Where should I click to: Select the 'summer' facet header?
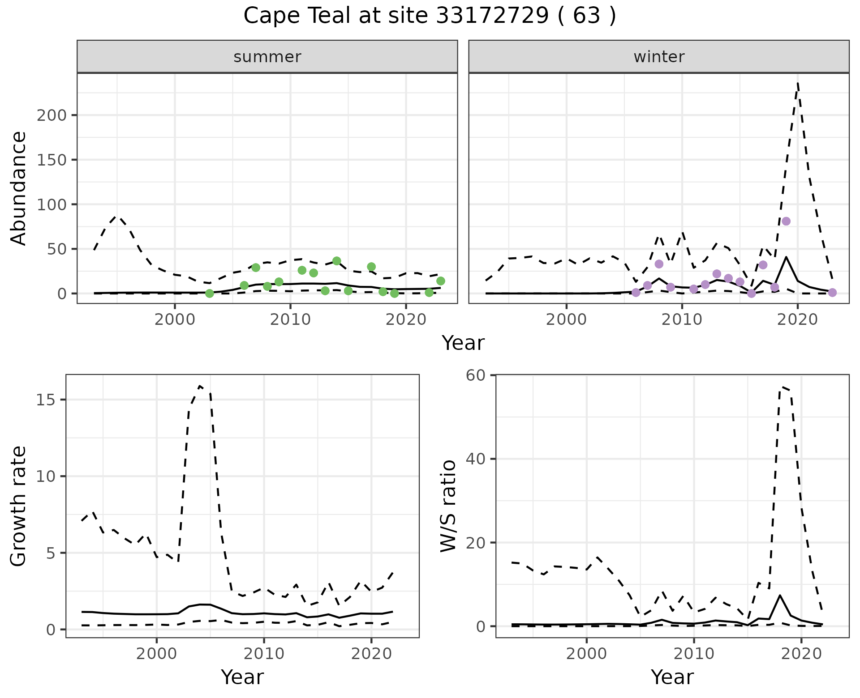[267, 57]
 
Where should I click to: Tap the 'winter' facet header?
[659, 57]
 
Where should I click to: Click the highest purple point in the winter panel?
[786, 221]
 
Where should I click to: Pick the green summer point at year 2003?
[209, 294]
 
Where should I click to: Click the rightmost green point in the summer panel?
[441, 281]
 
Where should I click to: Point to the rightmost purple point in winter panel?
[832, 293]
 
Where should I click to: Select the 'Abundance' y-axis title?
[19, 188]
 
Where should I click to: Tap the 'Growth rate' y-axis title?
[19, 506]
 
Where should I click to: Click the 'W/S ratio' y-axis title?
[448, 506]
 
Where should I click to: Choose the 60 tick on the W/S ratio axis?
[476, 375]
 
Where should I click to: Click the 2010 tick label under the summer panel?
[290, 319]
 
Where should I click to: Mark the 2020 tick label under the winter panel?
[797, 319]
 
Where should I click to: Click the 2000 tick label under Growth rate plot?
[156, 654]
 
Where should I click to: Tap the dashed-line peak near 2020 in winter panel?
[798, 83]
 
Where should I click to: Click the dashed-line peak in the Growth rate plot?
[200, 386]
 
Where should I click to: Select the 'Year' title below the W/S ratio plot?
[672, 677]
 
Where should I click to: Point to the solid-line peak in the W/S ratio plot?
[780, 596]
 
